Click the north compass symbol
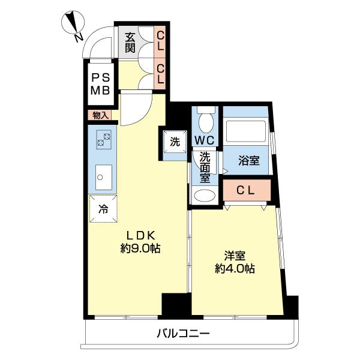(x=73, y=25)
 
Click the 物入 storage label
(x=100, y=115)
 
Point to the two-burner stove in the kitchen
(x=104, y=142)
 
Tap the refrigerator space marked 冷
(x=103, y=209)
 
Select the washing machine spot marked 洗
(x=175, y=143)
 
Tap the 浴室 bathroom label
(x=249, y=161)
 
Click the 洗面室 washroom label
(x=205, y=166)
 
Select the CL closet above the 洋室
(x=247, y=191)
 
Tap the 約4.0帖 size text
(x=235, y=269)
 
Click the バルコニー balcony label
(x=184, y=334)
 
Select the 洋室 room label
(x=235, y=256)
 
